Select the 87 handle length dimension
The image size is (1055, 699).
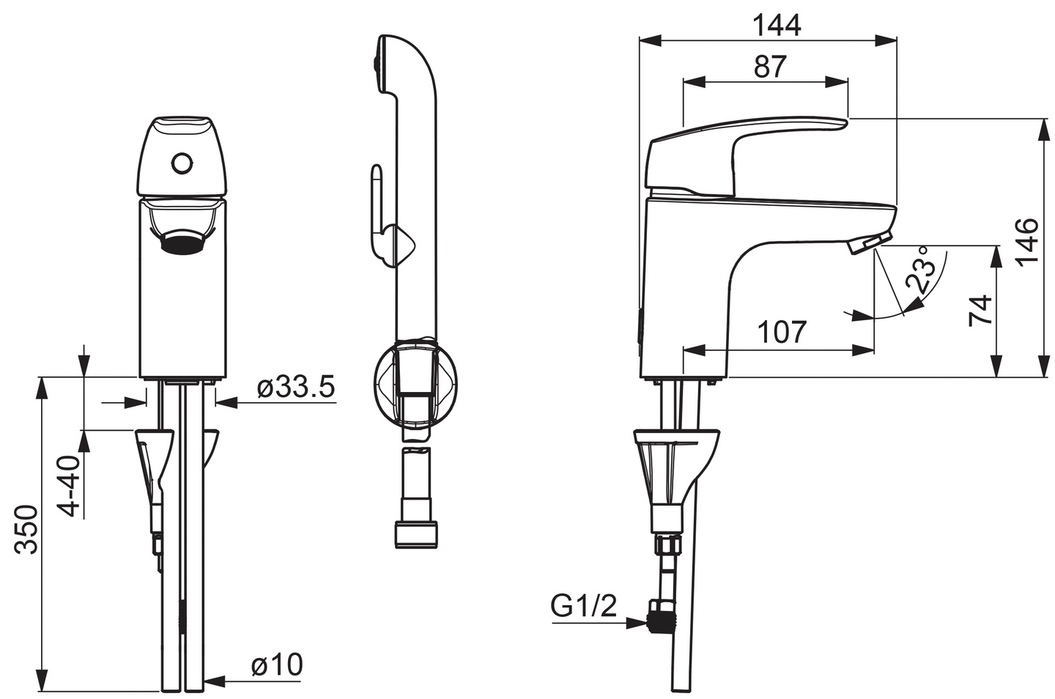(x=770, y=67)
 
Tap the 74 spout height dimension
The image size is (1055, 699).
(x=980, y=310)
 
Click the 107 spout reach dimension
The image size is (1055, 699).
(x=782, y=332)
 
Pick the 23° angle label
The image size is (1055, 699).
(x=920, y=270)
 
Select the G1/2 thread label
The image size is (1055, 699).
(x=584, y=606)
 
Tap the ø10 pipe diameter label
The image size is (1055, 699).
(x=276, y=665)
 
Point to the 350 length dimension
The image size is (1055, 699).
(x=27, y=529)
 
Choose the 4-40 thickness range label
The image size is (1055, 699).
(x=69, y=486)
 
